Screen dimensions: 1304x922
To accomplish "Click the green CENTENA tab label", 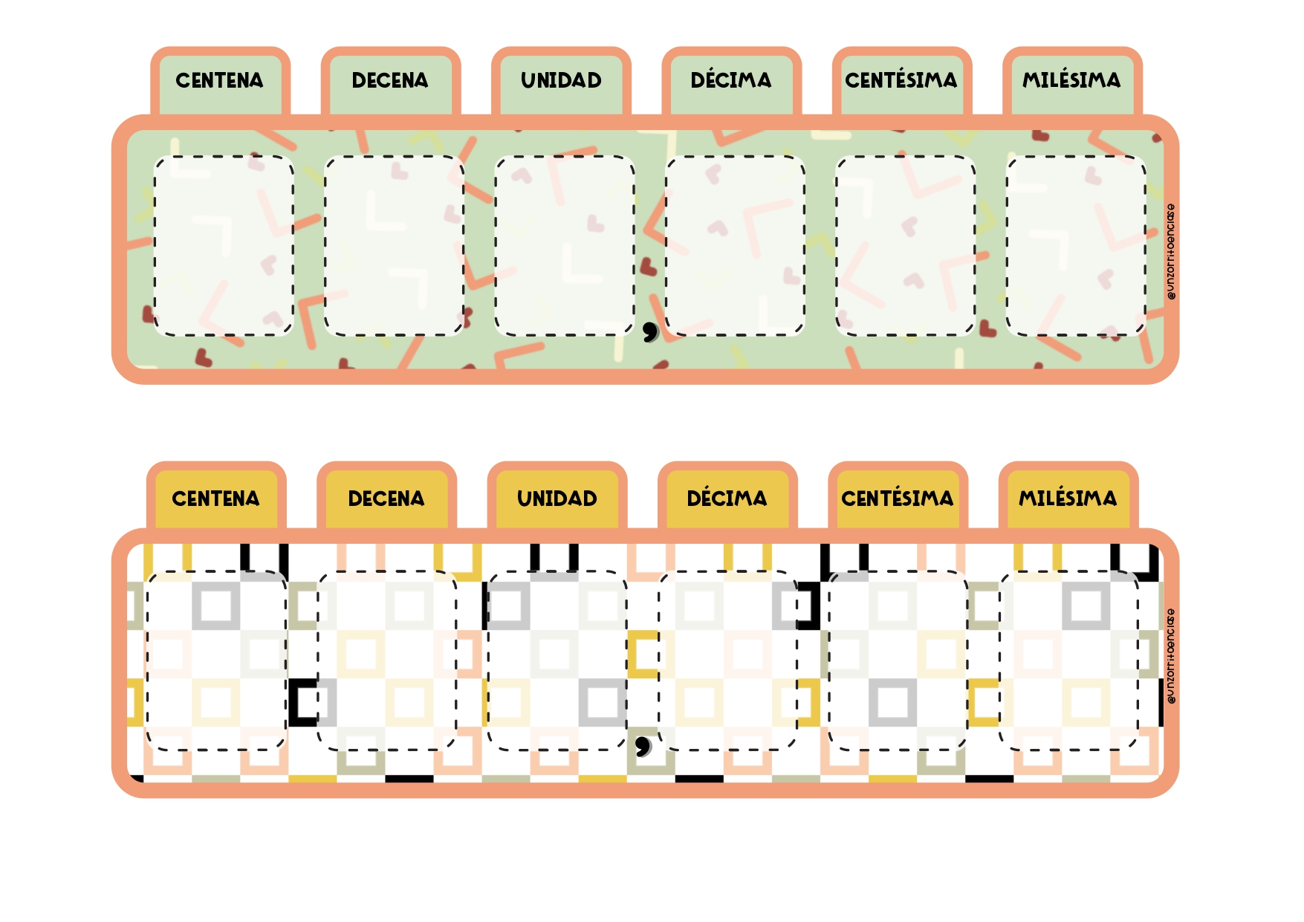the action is click(219, 80).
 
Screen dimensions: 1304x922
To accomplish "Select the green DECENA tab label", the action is click(390, 80).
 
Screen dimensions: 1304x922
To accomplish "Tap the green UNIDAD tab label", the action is click(561, 80).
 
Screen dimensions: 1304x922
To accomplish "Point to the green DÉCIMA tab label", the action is click(731, 79).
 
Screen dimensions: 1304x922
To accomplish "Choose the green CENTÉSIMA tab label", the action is click(901, 79).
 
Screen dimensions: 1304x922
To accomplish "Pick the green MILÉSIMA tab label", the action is click(1071, 79).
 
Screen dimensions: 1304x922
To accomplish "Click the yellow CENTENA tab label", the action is click(215, 499).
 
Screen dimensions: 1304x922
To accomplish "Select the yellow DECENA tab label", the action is click(386, 499).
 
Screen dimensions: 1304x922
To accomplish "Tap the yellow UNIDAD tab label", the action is click(557, 499).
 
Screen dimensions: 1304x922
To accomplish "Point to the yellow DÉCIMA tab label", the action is click(727, 498).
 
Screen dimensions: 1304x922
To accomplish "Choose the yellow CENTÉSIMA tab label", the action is click(898, 498).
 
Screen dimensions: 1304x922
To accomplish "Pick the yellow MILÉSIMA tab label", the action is click(1068, 498).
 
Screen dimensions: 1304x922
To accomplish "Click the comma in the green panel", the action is click(650, 331).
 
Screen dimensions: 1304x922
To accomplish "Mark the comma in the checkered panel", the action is click(643, 745).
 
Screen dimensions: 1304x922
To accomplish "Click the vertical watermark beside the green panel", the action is click(1171, 252).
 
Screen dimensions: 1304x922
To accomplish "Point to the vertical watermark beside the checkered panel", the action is click(1171, 656).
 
